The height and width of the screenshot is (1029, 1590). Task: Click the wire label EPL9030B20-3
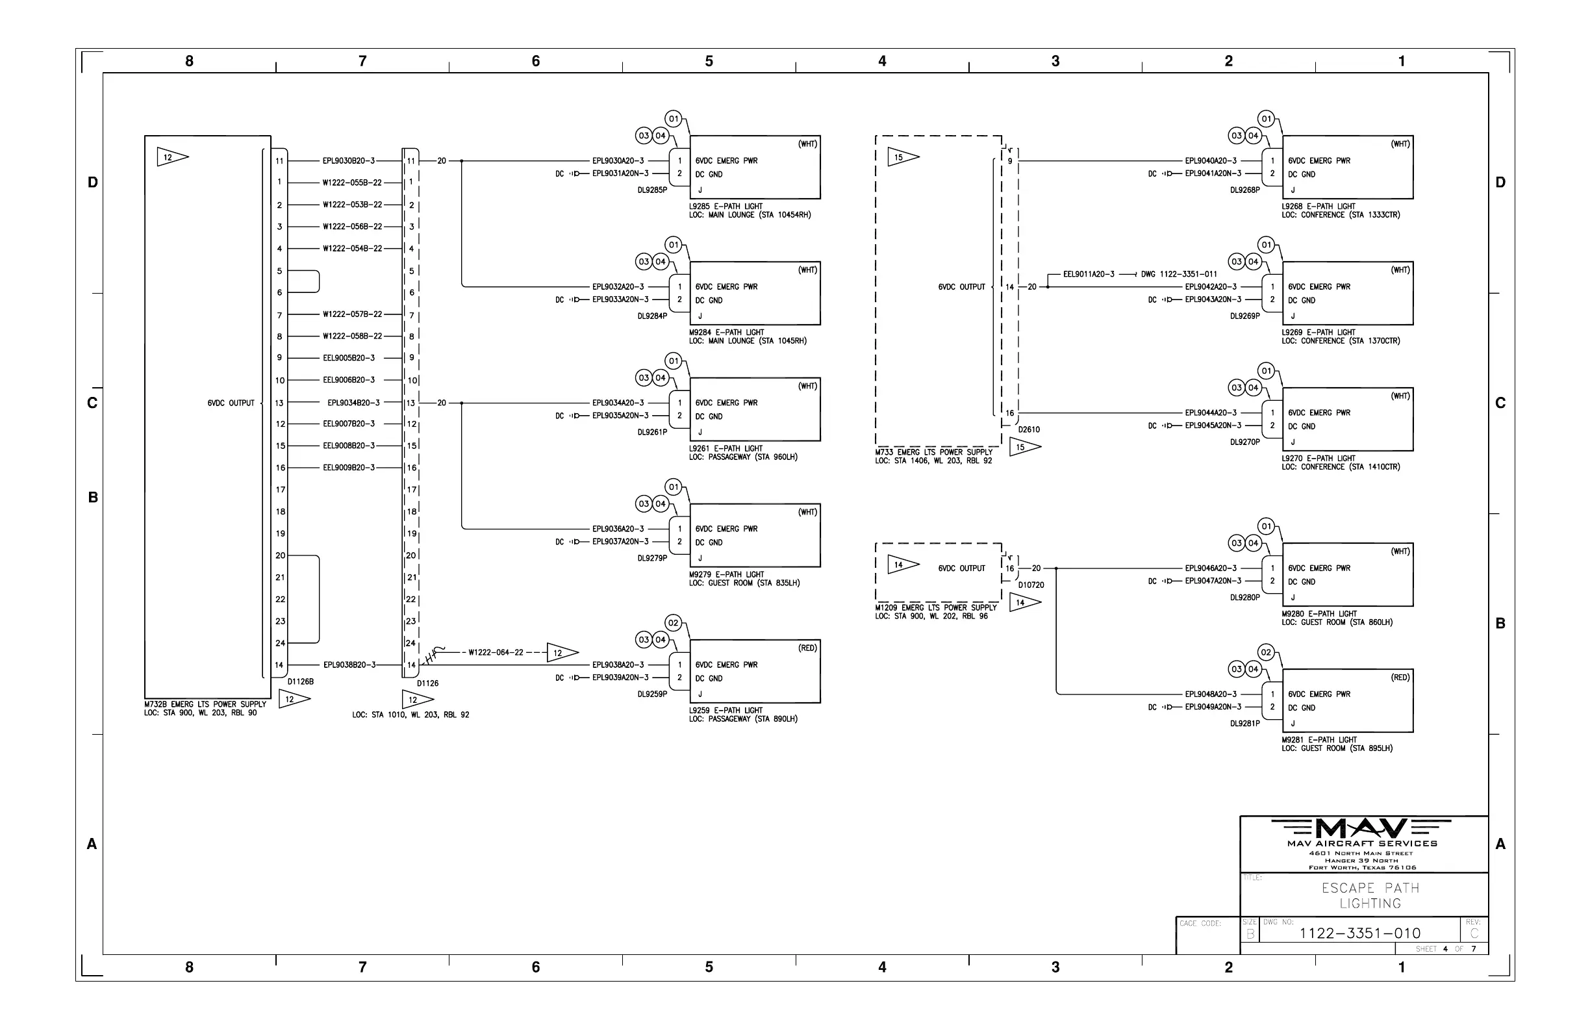tap(348, 161)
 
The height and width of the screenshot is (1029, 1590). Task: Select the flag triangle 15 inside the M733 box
tap(902, 158)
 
